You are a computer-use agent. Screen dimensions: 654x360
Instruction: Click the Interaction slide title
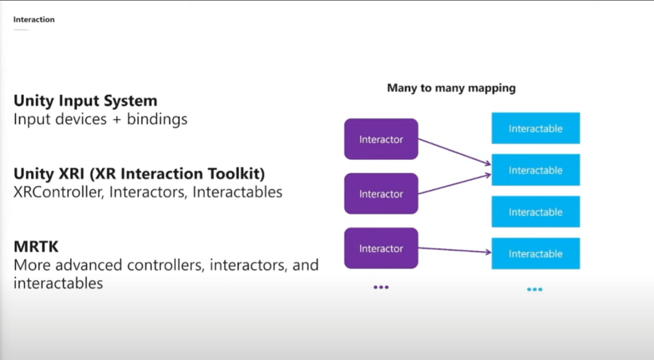(x=34, y=20)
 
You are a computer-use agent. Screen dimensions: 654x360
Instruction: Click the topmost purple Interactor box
(x=381, y=139)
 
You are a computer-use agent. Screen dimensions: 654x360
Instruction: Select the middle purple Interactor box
(x=381, y=193)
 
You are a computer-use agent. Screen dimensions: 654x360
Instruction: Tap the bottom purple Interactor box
(x=381, y=248)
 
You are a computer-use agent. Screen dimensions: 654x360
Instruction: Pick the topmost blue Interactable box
(x=536, y=128)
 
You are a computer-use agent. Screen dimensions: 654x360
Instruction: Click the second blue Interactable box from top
(x=536, y=170)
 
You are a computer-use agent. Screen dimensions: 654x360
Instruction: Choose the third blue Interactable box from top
(x=536, y=212)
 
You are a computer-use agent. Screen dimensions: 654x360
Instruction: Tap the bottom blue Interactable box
(x=536, y=253)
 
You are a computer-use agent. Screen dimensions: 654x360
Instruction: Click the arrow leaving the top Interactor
(x=455, y=152)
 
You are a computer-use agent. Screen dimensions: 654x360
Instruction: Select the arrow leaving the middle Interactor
(x=455, y=184)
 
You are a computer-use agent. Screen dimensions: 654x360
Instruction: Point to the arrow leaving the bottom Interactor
(x=455, y=250)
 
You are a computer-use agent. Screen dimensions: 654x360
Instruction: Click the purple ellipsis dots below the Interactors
(x=381, y=287)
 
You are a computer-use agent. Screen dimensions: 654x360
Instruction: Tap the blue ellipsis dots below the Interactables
(x=534, y=289)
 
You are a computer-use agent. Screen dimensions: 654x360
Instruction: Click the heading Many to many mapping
(x=451, y=88)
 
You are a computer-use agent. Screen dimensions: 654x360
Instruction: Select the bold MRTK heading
(x=36, y=247)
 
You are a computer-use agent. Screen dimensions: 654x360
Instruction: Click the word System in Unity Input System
(x=130, y=101)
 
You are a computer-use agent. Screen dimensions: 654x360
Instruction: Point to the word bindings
(x=157, y=120)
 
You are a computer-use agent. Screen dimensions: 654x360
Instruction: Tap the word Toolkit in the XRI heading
(x=236, y=174)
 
